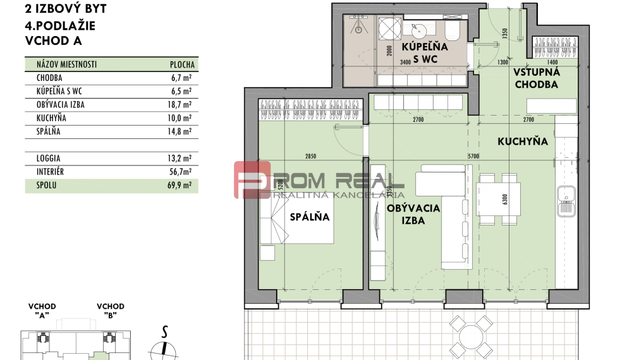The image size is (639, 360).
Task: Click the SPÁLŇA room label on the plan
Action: click(x=310, y=217)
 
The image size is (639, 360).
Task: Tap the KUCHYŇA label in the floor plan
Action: click(x=522, y=142)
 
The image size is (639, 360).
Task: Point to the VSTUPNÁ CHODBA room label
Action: click(x=537, y=78)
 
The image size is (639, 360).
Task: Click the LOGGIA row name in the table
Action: click(x=50, y=159)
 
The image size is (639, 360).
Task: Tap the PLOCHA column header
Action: click(x=183, y=64)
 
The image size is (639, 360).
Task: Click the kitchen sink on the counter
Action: click(x=566, y=200)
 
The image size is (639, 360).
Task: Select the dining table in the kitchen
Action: click(x=497, y=199)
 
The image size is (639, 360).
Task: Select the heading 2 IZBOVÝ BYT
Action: click(x=66, y=9)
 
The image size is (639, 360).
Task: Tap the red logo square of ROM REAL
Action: click(x=252, y=180)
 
